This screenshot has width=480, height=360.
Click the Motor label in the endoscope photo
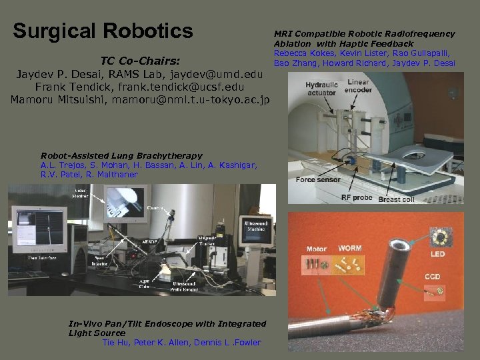[x=316, y=249]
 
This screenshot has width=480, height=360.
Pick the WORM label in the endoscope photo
[x=350, y=249]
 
